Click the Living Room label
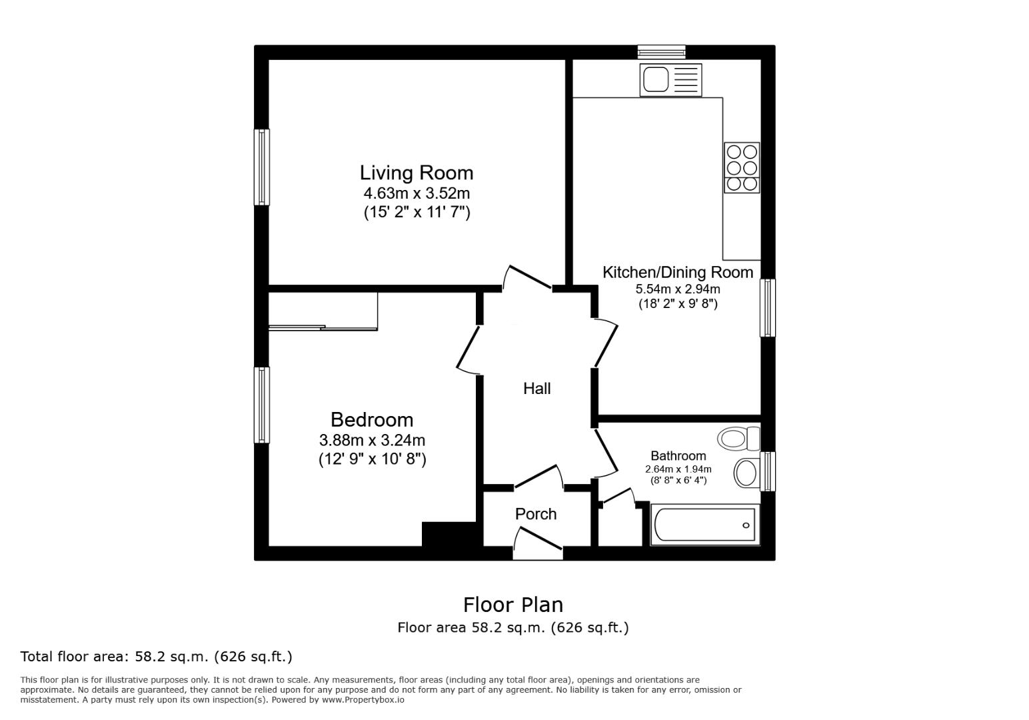click(417, 173)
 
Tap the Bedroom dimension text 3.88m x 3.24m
click(372, 441)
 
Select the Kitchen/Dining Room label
click(678, 272)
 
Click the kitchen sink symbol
click(670, 79)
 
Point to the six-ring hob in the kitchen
click(742, 167)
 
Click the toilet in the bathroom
click(738, 439)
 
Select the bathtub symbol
click(705, 525)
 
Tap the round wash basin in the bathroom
click(746, 473)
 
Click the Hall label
click(536, 389)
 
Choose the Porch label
click(536, 514)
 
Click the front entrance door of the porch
click(538, 541)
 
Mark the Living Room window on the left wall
click(262, 167)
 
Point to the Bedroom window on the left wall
click(262, 405)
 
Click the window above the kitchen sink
click(661, 52)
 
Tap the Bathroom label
click(678, 456)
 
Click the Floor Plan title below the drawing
click(513, 605)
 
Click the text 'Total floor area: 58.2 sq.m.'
click(156, 657)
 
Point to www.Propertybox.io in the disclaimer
click(363, 700)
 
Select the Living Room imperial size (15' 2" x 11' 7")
click(417, 213)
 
